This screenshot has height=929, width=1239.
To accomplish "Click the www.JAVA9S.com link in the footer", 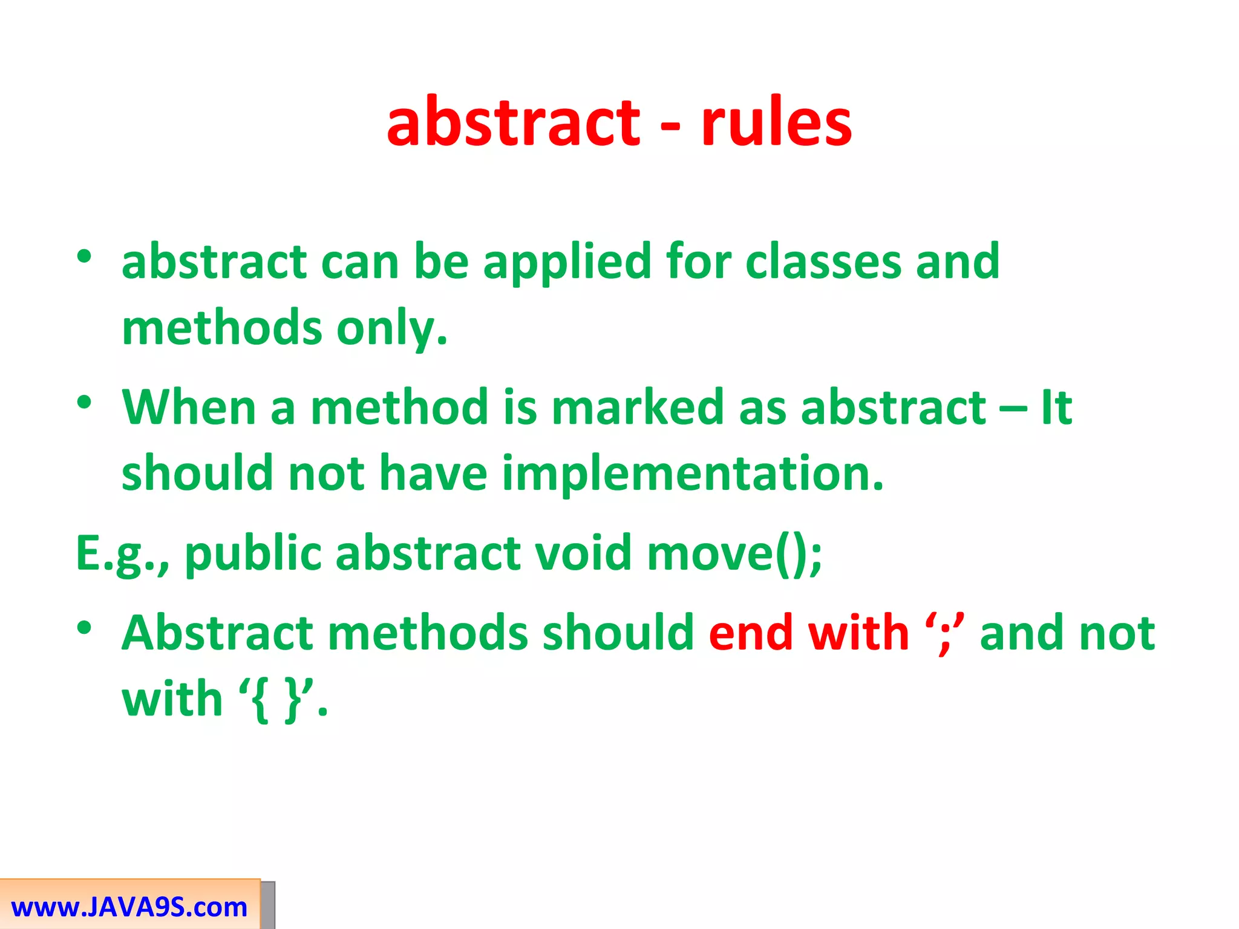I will (x=129, y=907).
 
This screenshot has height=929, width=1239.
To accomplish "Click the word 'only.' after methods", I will (x=392, y=328).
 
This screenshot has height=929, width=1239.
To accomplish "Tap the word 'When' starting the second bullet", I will (x=189, y=407).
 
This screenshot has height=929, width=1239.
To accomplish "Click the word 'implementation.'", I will (x=693, y=474).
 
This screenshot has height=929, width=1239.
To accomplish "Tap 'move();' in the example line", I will (x=734, y=553).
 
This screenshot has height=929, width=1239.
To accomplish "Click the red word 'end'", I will (x=751, y=633).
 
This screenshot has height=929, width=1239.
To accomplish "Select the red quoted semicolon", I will (x=944, y=633).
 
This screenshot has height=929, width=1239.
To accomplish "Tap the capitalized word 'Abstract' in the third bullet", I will (x=217, y=633).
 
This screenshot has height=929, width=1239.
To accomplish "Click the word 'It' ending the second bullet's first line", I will (x=1056, y=407).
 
